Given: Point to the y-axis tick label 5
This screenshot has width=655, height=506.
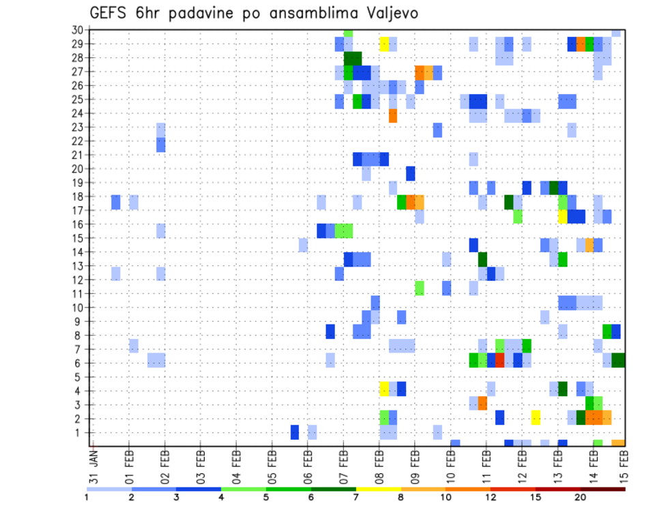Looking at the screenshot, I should [80, 377].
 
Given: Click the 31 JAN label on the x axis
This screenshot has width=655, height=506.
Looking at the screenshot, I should [94, 466].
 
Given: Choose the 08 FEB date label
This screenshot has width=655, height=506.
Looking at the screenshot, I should [379, 466].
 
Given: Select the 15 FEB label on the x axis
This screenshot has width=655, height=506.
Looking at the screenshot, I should [624, 466].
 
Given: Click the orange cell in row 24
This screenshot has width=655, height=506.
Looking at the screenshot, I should [393, 116].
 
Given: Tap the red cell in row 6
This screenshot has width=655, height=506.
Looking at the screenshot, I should [499, 359].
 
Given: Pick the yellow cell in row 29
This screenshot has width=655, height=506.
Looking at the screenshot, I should [384, 44].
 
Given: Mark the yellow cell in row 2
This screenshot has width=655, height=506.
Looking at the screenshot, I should [536, 417].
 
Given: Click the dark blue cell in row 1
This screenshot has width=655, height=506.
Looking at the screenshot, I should [295, 432].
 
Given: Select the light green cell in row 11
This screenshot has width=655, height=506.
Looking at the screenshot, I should [420, 288].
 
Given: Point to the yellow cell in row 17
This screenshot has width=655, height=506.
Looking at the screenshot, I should [563, 216].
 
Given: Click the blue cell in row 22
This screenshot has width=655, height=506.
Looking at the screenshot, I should [161, 145].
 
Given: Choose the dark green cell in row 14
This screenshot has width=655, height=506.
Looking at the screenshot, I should [482, 259].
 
